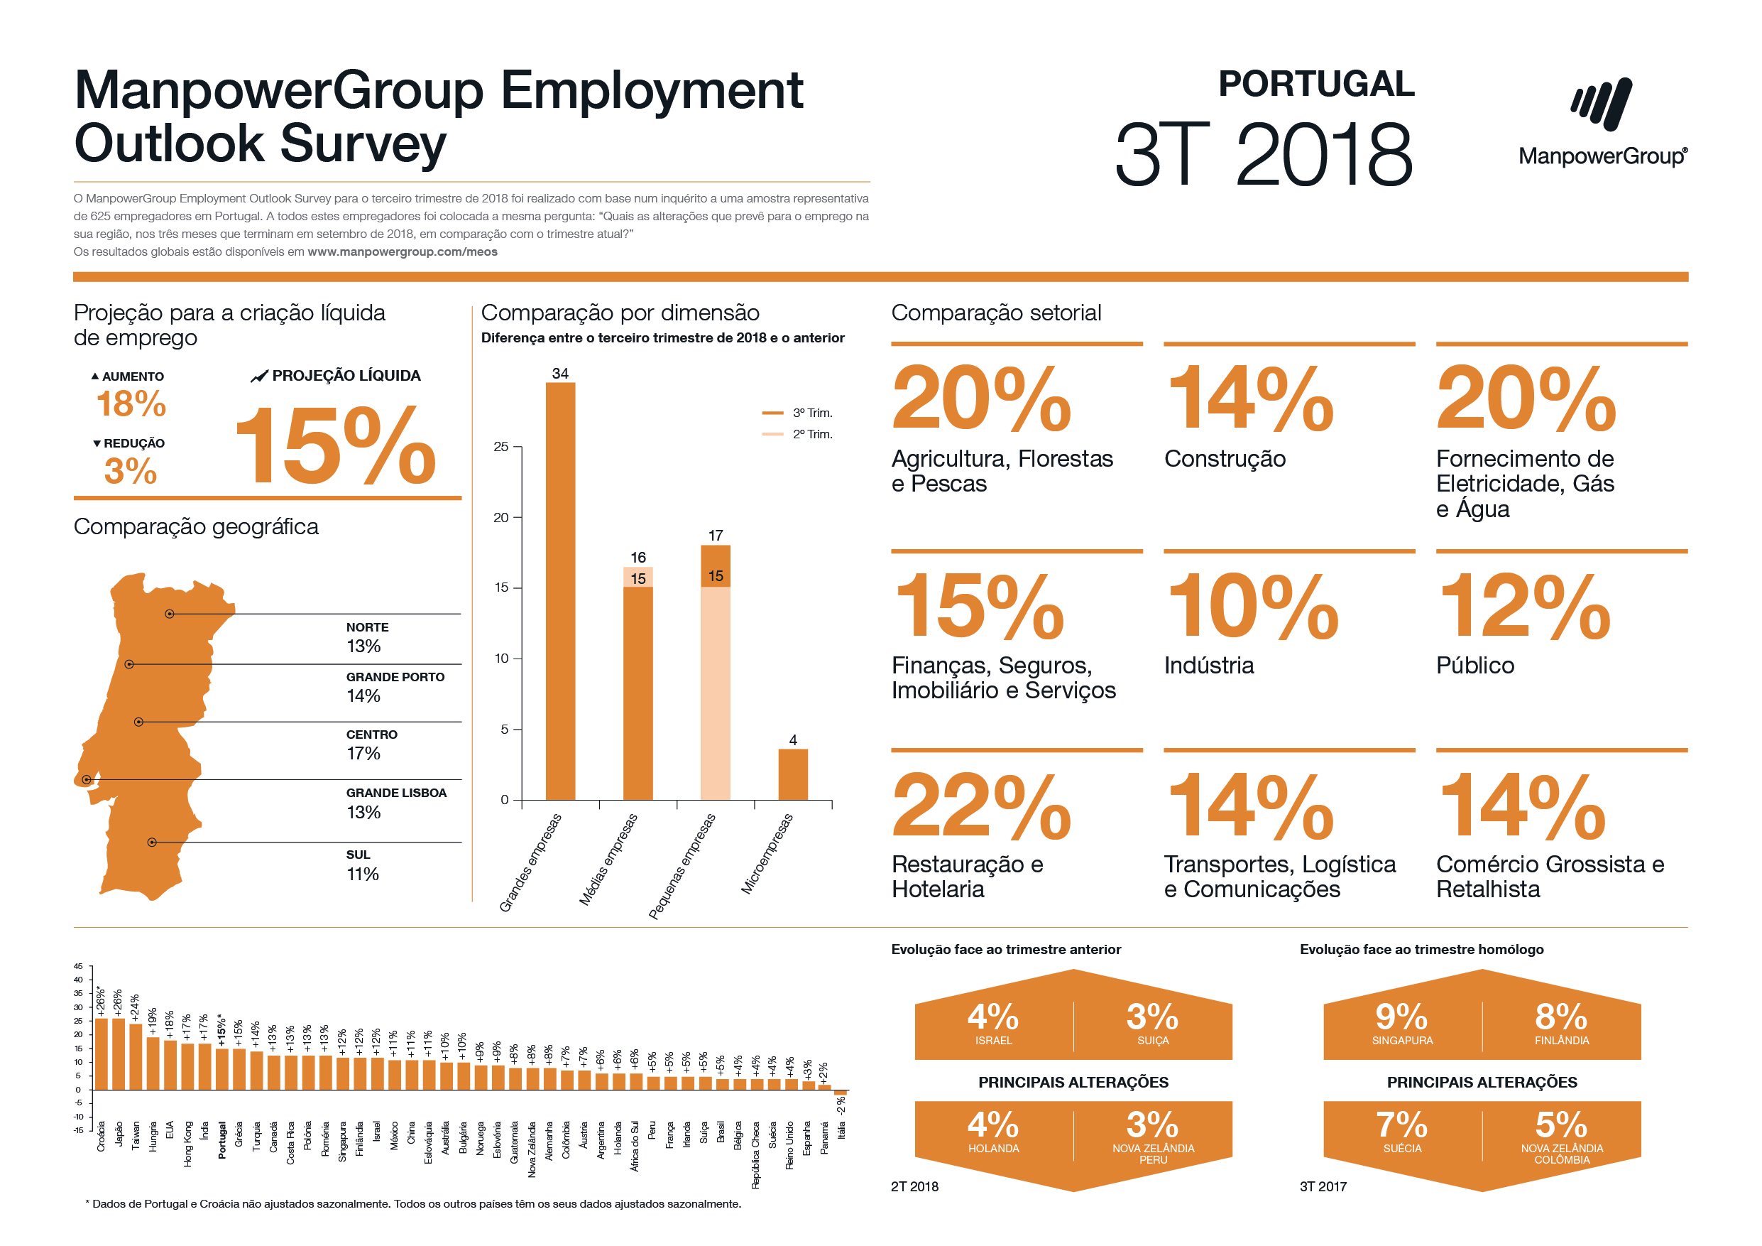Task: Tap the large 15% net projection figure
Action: point(335,447)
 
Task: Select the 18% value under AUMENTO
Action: point(131,403)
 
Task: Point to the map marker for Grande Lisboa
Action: point(87,780)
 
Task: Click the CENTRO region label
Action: point(371,735)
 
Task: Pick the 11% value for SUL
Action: point(363,874)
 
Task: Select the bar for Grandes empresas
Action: point(560,591)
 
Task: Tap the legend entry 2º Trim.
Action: point(812,435)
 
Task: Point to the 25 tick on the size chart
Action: point(501,447)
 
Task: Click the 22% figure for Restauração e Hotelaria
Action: point(982,806)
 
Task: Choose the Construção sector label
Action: point(1224,459)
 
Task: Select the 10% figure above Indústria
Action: point(1252,607)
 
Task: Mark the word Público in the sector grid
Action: point(1475,666)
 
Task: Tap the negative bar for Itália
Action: point(841,1093)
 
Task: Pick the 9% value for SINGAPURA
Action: point(1401,1017)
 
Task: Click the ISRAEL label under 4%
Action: point(993,1041)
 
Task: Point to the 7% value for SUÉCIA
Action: point(1401,1125)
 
